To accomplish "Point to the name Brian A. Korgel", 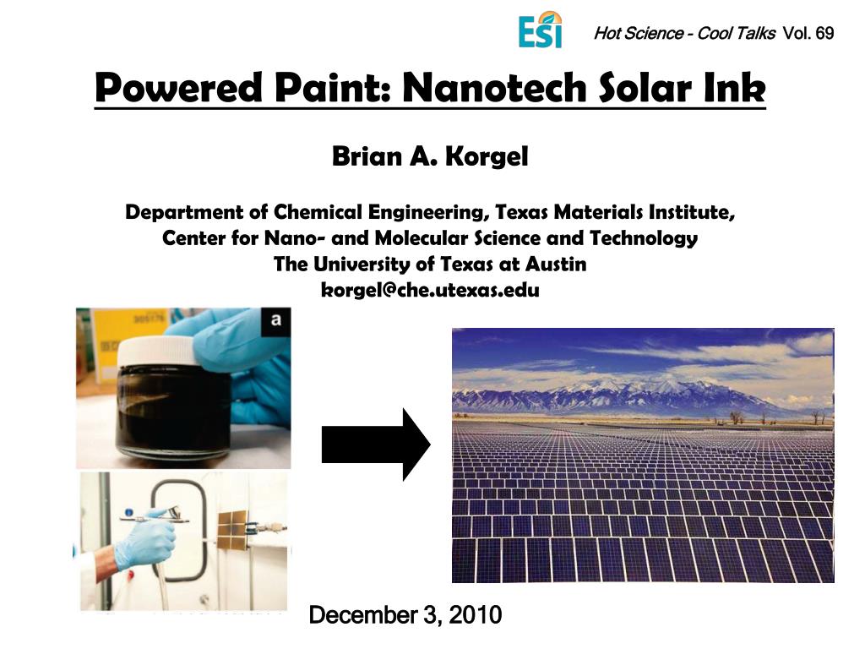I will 430,157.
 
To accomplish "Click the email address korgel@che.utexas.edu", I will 430,290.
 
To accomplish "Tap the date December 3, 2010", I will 405,615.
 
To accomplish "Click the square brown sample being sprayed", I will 236,529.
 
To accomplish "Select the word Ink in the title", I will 737,89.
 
